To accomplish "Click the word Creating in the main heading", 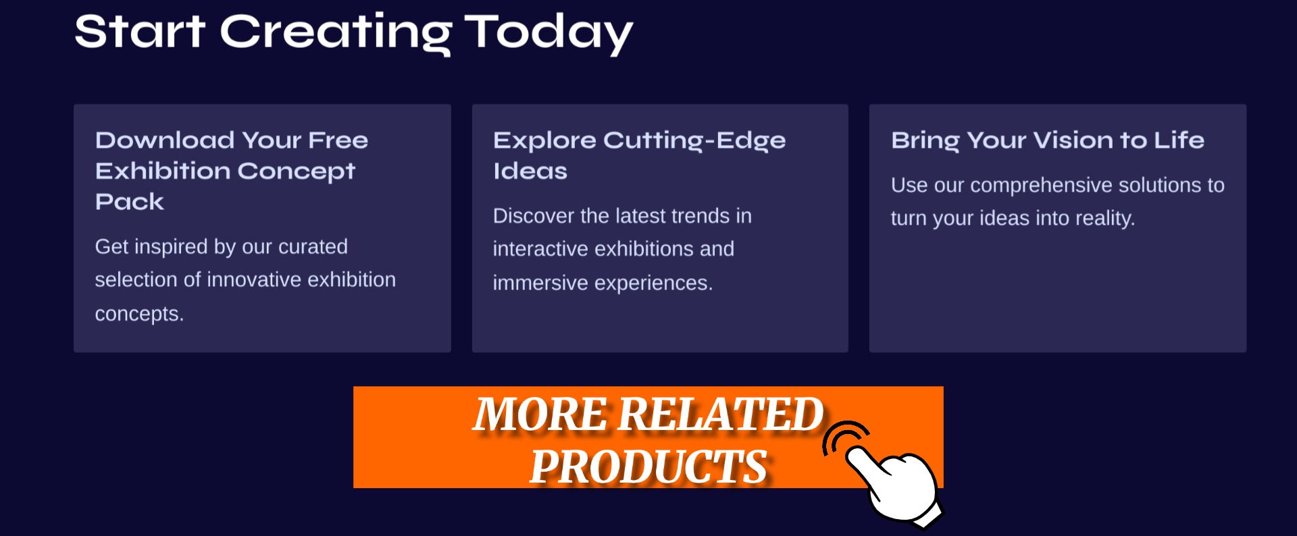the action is click(336, 33).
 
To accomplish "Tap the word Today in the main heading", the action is click(549, 33).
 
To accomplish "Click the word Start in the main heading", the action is click(140, 31).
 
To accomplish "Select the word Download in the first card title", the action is click(165, 140).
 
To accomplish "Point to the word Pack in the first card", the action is click(130, 201).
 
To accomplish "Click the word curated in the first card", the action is click(313, 246).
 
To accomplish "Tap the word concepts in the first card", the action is click(139, 314).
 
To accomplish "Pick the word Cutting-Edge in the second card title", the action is click(694, 141).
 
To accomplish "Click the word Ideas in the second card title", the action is click(530, 171).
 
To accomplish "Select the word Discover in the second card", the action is click(534, 215).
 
